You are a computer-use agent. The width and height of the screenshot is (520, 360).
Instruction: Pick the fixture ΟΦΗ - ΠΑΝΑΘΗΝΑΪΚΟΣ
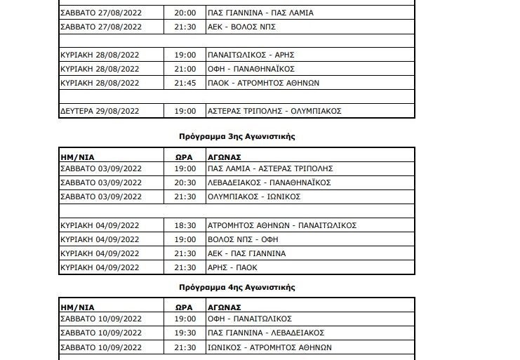251,69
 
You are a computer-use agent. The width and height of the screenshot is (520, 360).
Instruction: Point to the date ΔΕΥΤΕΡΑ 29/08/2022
100,111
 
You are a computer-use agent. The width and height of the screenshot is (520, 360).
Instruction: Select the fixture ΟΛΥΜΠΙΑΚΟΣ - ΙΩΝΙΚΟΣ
254,196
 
